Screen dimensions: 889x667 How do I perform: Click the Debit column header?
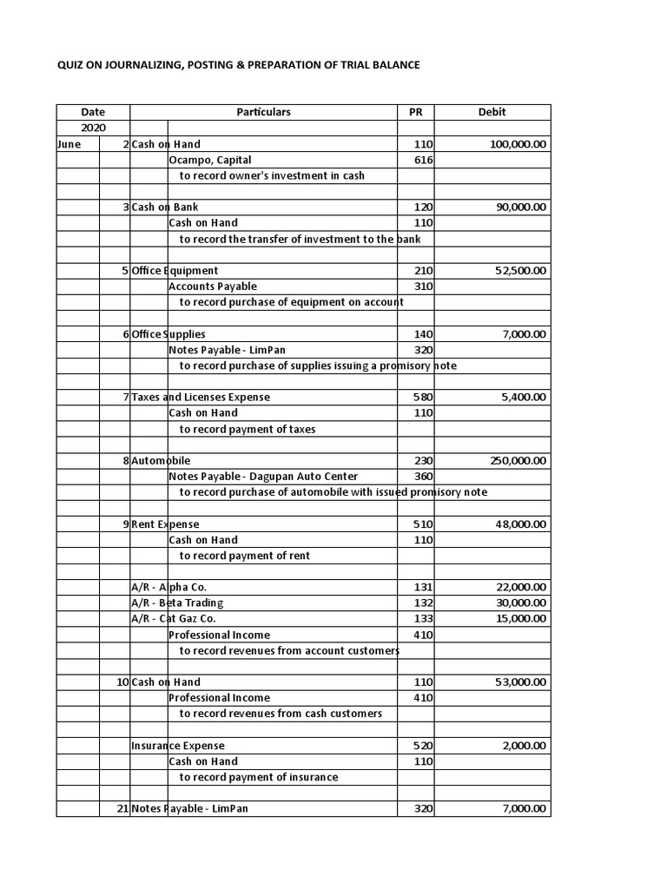[492, 112]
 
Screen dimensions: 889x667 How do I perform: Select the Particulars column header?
[263, 112]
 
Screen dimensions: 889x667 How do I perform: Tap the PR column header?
[415, 112]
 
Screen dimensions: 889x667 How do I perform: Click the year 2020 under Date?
[93, 128]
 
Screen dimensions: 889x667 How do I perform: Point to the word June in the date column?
[69, 144]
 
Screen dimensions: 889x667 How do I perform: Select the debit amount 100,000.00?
[518, 144]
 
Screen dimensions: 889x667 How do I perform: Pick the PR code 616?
[424, 160]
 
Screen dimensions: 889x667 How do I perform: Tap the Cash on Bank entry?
[165, 207]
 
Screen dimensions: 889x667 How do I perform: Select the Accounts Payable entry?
[213, 286]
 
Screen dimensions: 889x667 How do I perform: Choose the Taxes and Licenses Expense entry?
[201, 397]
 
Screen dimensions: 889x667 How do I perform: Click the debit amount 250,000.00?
[518, 461]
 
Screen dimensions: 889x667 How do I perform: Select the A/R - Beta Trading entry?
[177, 603]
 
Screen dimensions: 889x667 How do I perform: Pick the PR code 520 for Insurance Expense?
[424, 746]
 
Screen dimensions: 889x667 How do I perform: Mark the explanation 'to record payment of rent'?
[244, 556]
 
